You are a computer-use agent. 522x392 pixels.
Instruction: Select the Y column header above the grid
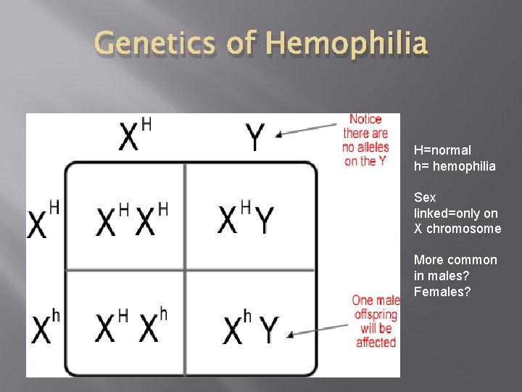(x=254, y=136)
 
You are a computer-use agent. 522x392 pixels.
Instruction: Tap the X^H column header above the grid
(x=135, y=134)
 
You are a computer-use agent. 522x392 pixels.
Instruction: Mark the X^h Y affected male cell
(x=249, y=327)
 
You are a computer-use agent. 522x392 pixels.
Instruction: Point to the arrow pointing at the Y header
(x=307, y=128)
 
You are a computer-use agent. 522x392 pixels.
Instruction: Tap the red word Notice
(x=365, y=119)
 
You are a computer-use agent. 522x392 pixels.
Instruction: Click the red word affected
(x=376, y=343)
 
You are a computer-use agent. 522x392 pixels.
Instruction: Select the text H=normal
(x=442, y=150)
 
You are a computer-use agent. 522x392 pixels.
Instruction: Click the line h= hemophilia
(x=455, y=166)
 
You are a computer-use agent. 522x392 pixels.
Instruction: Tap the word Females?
(x=442, y=292)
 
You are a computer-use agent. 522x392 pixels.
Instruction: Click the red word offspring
(x=376, y=314)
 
